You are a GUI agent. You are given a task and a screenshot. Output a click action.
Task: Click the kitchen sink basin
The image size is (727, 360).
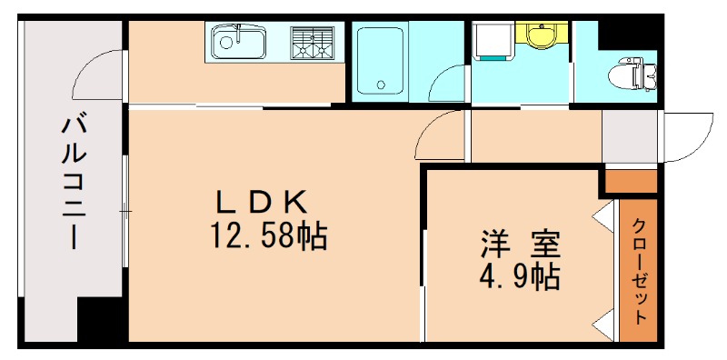coord(238,41)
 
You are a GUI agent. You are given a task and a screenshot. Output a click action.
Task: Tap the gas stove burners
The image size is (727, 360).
coord(313,41)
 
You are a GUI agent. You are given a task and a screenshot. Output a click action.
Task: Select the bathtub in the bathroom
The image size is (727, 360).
coord(379,60)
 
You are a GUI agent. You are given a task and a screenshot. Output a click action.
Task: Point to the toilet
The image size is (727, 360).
coord(634,72)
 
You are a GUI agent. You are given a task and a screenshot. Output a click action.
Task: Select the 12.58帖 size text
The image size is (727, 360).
coord(269,236)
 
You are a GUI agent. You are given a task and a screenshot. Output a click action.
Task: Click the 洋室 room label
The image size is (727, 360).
coord(521,244)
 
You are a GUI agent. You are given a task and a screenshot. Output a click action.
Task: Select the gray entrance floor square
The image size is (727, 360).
coord(629,136)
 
